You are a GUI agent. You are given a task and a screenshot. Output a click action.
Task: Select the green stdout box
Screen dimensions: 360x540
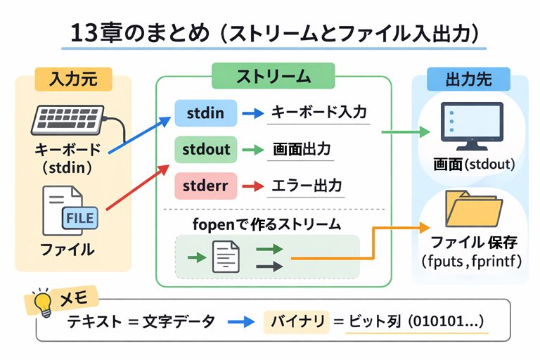(206, 149)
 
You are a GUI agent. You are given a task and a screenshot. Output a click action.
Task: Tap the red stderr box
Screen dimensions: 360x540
(205, 186)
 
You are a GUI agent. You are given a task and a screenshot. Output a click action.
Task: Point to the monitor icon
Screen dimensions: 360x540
(470, 127)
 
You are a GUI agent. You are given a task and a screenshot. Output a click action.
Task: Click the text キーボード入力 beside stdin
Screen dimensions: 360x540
(319, 112)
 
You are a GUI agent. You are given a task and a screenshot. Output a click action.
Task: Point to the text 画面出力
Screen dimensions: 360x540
(302, 149)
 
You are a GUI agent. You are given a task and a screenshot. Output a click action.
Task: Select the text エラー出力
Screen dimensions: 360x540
(307, 186)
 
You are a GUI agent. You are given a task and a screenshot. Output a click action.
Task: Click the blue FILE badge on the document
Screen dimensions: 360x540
(80, 219)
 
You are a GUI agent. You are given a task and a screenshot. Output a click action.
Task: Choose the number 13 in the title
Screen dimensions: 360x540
(83, 32)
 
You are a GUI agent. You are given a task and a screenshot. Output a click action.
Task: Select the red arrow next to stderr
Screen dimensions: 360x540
(252, 186)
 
